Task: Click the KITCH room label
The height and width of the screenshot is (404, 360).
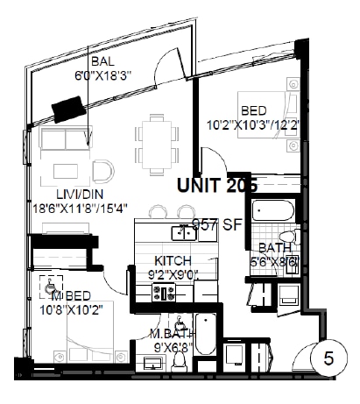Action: point(173,261)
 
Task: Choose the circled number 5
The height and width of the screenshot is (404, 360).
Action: point(329,358)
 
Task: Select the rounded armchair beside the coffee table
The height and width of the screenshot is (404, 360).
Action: point(102,171)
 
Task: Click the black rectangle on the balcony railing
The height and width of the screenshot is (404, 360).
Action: point(68,108)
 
